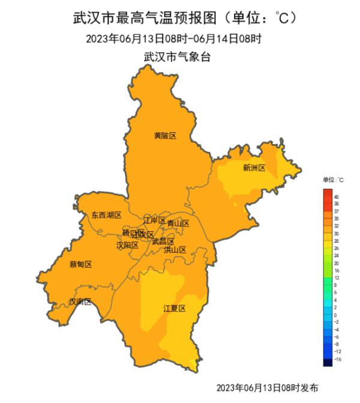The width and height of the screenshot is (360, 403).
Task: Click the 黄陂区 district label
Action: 165,136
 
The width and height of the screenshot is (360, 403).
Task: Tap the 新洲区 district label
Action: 254,168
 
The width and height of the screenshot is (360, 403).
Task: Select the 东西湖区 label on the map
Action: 106,215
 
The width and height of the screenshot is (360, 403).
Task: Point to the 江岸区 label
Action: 154,220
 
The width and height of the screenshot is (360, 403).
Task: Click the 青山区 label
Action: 178,223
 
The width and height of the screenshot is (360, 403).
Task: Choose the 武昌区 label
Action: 163,241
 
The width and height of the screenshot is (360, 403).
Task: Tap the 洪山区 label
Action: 175,250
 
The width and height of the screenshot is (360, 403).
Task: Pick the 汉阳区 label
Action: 127,245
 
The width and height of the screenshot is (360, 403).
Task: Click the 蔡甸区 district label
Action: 80,264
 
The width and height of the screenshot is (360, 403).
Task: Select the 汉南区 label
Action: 80,301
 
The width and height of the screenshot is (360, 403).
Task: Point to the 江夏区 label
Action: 175,308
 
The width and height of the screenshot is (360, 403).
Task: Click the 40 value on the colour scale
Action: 336,197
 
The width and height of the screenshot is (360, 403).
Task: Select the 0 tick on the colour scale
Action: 335,315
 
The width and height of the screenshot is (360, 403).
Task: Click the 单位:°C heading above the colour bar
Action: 333,180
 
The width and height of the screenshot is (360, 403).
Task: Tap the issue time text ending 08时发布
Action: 267,387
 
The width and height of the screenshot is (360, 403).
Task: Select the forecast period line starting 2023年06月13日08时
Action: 173,40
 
